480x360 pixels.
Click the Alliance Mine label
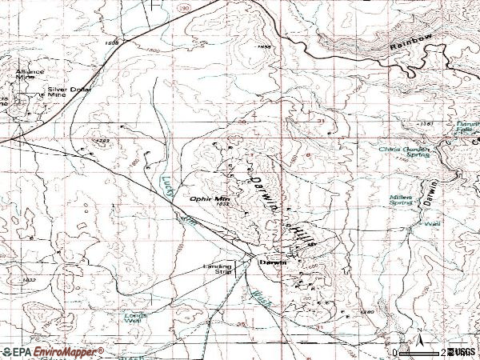pyautogui.click(x=25, y=74)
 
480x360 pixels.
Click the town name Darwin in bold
pyautogui.click(x=267, y=262)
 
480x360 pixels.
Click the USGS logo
pyautogui.click(x=462, y=352)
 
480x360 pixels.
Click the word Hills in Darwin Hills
pyautogui.click(x=303, y=234)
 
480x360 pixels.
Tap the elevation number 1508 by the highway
pyautogui.click(x=111, y=42)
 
